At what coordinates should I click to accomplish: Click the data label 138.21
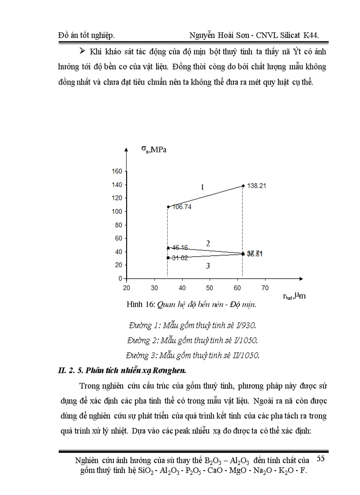coord(256,186)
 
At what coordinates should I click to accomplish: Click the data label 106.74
coord(181,207)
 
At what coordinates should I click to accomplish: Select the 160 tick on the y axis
coord(116,171)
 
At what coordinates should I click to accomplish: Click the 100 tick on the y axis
coord(116,212)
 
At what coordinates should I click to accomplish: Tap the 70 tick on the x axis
coord(265,288)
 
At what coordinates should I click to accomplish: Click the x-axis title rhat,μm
coord(294,296)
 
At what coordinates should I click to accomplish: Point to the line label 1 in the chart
coord(202,187)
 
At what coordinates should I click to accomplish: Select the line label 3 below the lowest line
coord(208,266)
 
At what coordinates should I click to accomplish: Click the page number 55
coord(321,459)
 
